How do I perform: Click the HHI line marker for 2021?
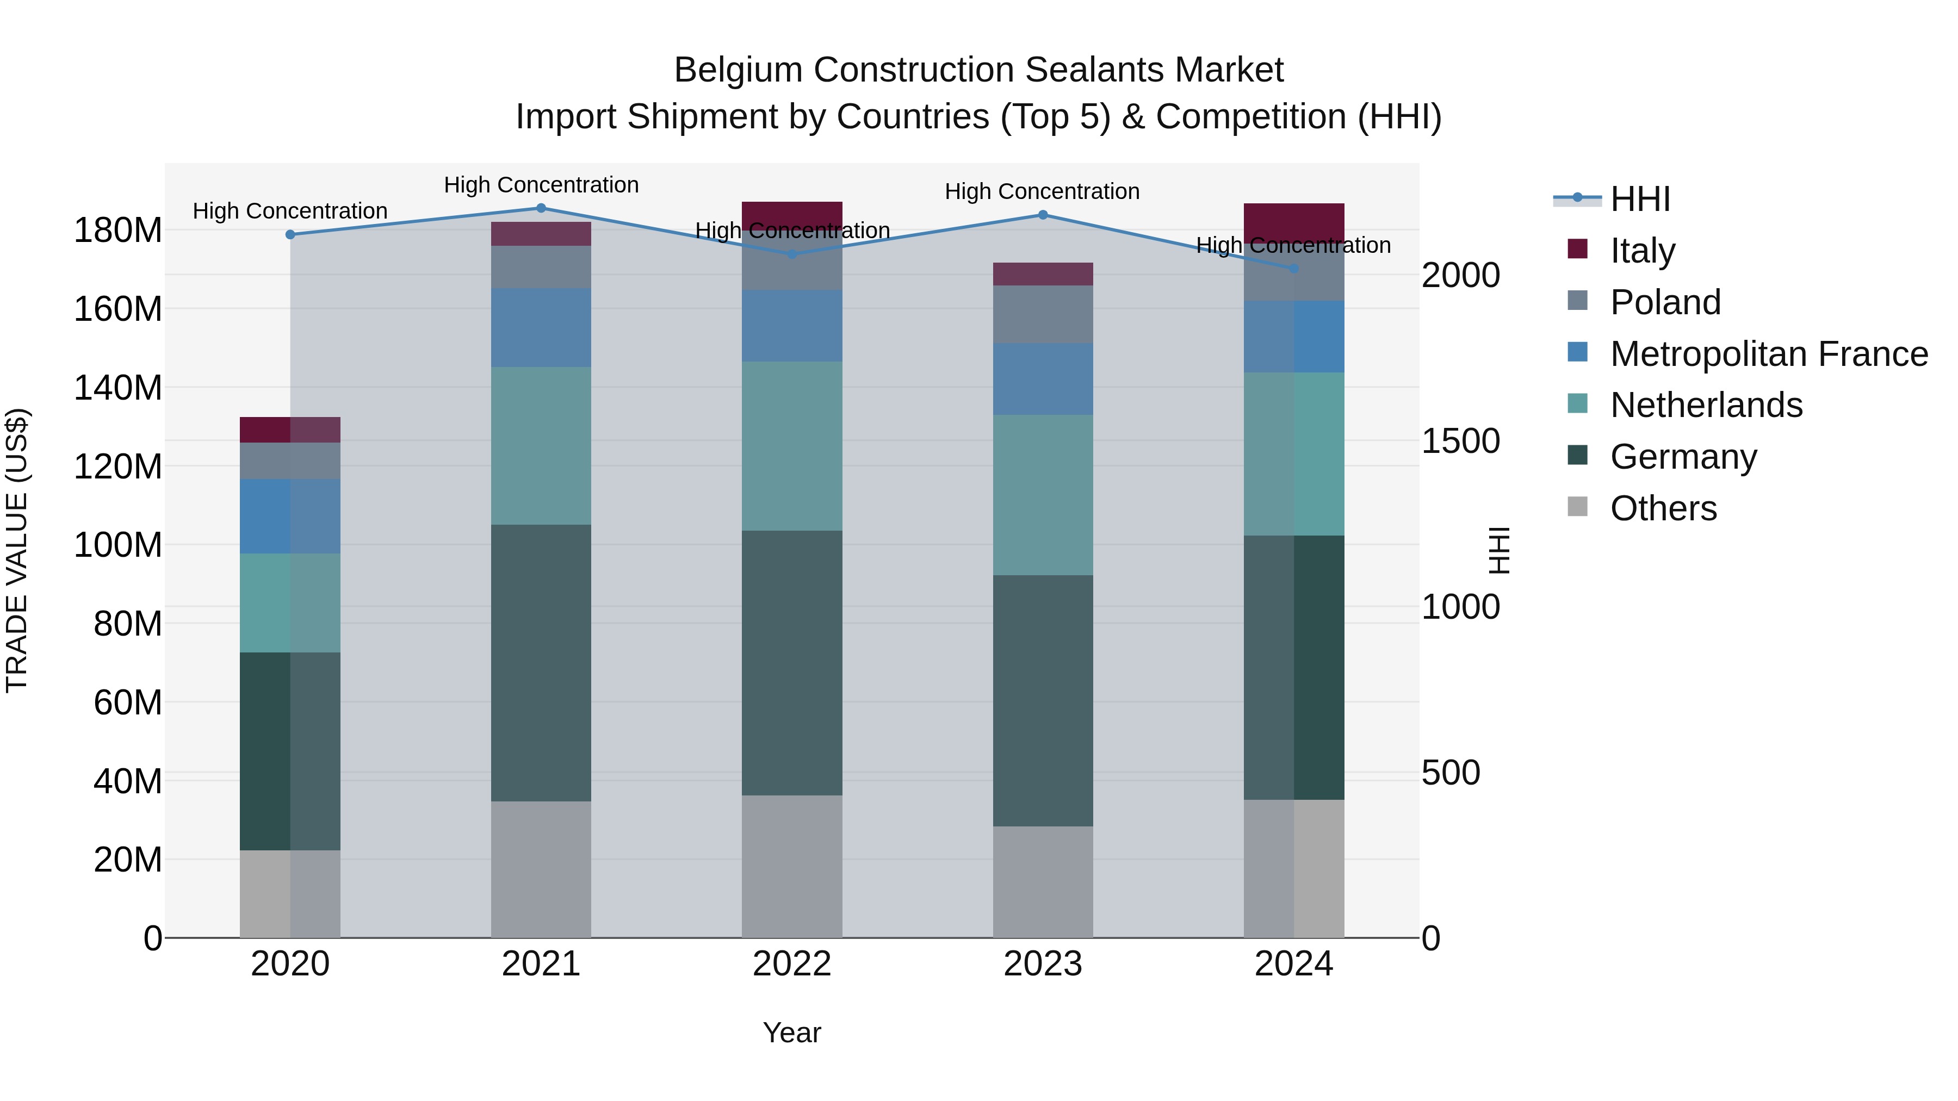tap(541, 208)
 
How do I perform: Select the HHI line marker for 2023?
tap(1043, 215)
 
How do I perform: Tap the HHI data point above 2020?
tap(290, 235)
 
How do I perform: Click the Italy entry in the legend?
tap(1642, 250)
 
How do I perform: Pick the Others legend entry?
tap(1663, 508)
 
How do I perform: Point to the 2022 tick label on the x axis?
tap(792, 964)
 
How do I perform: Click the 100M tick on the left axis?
tap(118, 545)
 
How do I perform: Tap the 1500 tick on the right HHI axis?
tap(1460, 441)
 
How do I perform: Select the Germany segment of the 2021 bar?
tap(541, 663)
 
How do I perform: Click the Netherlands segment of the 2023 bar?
tap(1043, 495)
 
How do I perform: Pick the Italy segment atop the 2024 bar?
tap(1294, 222)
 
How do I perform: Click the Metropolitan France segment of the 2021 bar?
tap(541, 327)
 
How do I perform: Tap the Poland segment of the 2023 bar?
tap(1043, 314)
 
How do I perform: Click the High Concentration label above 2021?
tap(541, 185)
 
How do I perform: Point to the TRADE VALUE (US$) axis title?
tap(17, 550)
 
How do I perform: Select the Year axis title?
tap(792, 1032)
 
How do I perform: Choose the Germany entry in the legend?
tap(1683, 457)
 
